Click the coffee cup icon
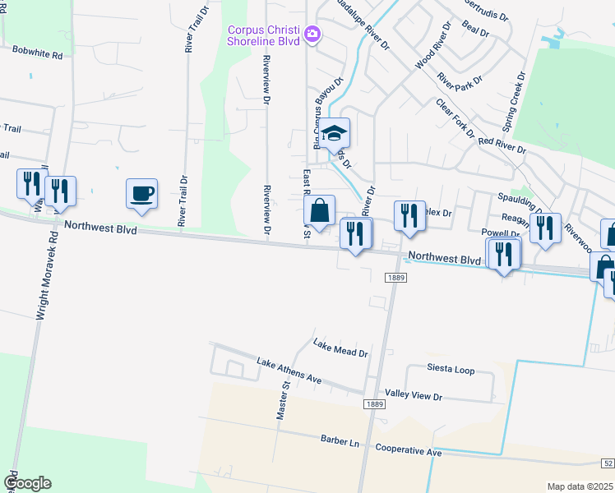pos(141,194)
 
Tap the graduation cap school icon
pos(335,133)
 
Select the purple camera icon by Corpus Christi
pos(312,35)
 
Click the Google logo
pos(27,483)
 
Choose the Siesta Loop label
pos(450,370)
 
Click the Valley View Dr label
pos(414,396)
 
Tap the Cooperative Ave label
pos(409,451)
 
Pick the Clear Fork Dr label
pos(455,119)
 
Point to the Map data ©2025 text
pos(580,486)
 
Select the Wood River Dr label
pos(433,45)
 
